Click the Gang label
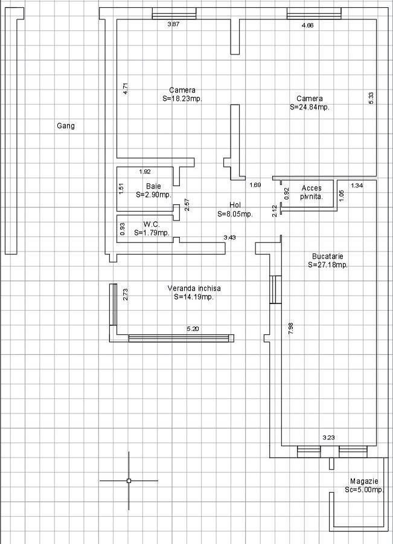coord(65,126)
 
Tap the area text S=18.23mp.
coord(182,99)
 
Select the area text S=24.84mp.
coord(310,107)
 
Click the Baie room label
coord(153,186)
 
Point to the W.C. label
coord(152,224)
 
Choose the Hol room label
coord(235,205)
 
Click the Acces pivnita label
coord(312,192)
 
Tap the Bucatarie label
coord(327,256)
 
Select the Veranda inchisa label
coord(194,288)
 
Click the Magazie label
coord(364,481)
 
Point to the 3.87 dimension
coord(173,24)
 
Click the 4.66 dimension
coord(307,25)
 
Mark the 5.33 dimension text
coord(371,98)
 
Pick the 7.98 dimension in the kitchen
coord(290,328)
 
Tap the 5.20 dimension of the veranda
coord(193,329)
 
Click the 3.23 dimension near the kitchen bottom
coord(328,438)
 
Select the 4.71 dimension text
coord(126,88)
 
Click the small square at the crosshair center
coord(129,481)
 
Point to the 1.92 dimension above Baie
coord(145,172)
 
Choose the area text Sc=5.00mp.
coord(365,490)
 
